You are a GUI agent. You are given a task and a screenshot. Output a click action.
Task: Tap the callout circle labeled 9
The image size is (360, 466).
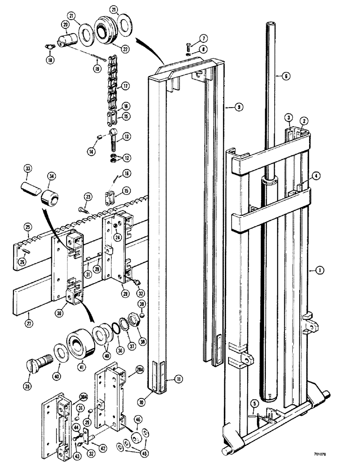point(238,107)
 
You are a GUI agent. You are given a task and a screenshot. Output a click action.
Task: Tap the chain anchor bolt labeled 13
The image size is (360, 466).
point(115,140)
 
